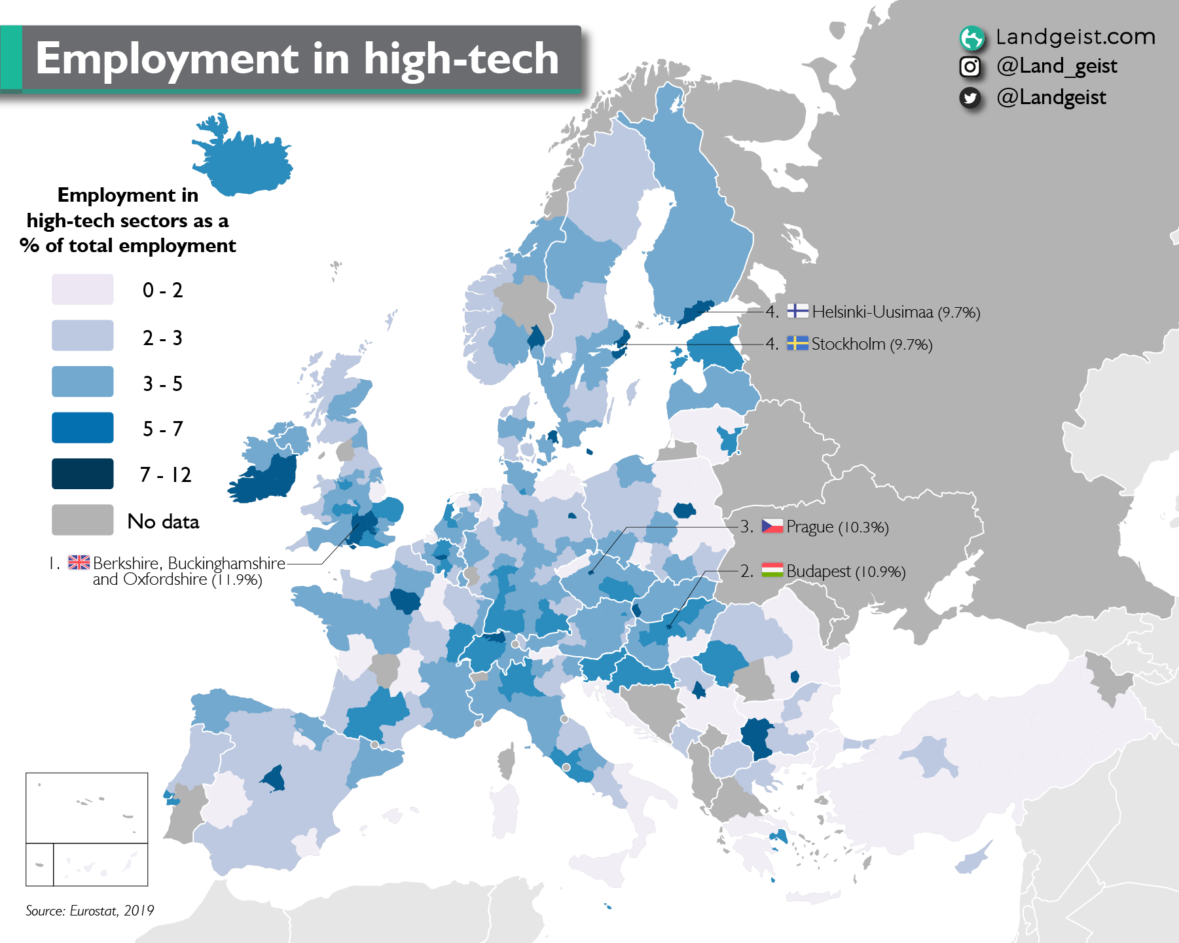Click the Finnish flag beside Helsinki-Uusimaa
pos(797,311)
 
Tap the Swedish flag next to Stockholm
pos(797,343)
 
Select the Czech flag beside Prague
pos(772,526)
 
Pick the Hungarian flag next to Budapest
pos(772,570)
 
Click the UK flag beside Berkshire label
pos(79,562)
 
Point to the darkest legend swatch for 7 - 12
pos(82,474)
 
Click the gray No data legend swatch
pos(82,520)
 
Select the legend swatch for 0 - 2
pos(82,289)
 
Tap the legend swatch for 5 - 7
pos(82,428)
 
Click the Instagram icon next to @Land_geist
pos(970,67)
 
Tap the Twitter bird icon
pos(970,98)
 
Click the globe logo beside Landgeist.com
pos(971,38)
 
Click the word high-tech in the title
pos(461,60)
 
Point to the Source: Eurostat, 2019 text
pos(90,910)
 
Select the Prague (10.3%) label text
pos(837,527)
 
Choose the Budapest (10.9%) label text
pos(846,572)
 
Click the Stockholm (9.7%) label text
pos(871,344)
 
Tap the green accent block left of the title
pos(11,58)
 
